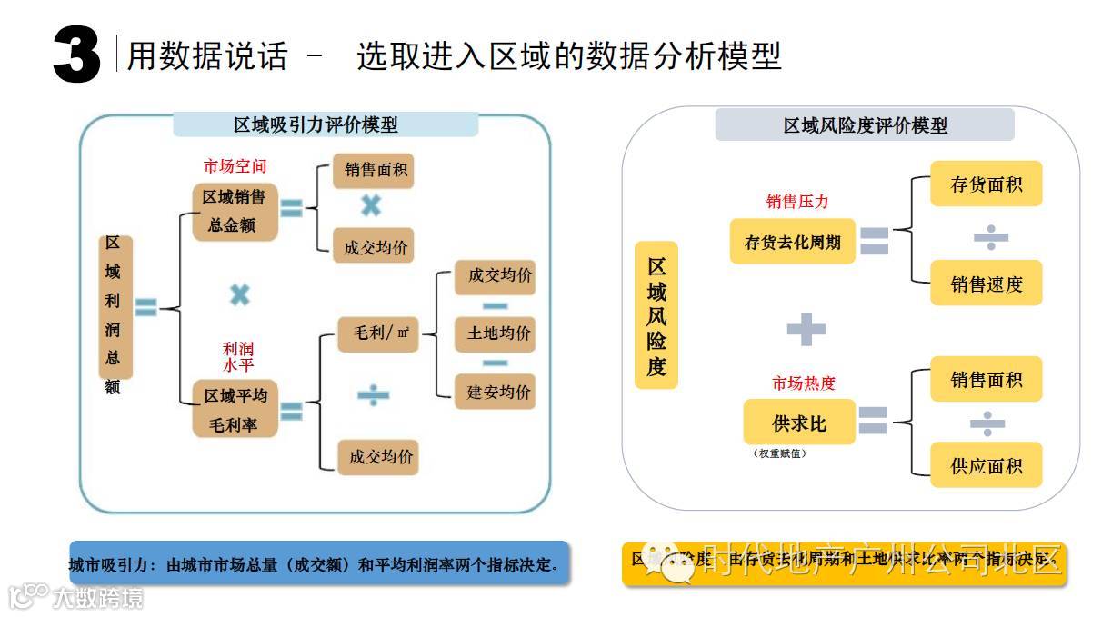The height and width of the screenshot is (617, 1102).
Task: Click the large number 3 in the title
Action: tap(76, 55)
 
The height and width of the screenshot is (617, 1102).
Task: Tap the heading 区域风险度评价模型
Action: tap(865, 125)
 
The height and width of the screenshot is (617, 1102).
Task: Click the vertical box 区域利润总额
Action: tap(115, 309)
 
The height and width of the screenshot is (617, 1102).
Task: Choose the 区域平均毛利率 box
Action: tap(235, 410)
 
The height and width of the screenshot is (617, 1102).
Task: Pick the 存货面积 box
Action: tap(986, 184)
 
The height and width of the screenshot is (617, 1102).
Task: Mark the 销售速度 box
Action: tap(986, 284)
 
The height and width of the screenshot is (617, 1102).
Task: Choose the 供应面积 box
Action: tap(986, 465)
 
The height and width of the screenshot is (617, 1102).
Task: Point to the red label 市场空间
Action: tap(235, 167)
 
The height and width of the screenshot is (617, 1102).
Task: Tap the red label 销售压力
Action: tap(797, 202)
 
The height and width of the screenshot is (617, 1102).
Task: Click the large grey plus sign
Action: tap(806, 329)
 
